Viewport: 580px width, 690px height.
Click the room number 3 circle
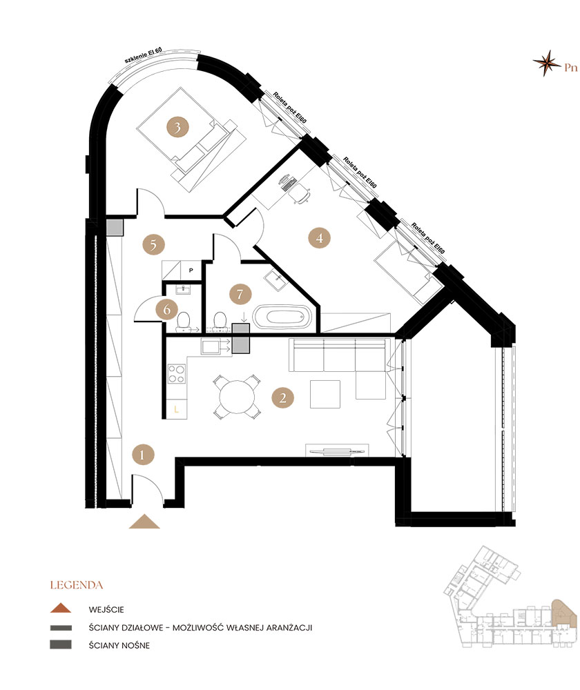point(177,128)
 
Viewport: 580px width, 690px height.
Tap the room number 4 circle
point(319,238)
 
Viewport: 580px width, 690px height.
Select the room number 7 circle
point(240,294)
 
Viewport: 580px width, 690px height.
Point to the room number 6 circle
point(167,310)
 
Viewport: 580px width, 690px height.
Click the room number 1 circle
point(143,454)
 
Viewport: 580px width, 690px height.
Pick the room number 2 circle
point(282,398)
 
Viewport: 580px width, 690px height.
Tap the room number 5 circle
point(153,245)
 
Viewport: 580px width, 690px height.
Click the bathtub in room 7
point(282,317)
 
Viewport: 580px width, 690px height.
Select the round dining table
point(237,397)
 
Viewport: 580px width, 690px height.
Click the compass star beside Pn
point(547,63)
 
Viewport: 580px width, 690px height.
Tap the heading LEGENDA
point(77,585)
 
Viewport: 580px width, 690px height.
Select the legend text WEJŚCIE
point(106,609)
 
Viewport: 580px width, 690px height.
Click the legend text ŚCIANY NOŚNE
point(119,646)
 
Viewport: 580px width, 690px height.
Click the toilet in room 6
point(183,322)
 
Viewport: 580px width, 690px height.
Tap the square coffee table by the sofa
point(325,394)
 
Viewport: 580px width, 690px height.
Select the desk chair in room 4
point(301,193)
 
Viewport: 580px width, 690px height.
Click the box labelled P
point(191,270)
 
